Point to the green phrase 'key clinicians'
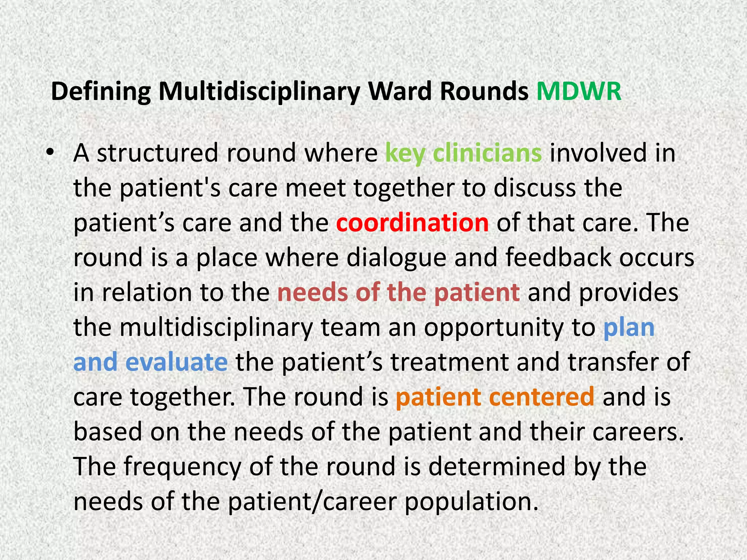tap(463, 153)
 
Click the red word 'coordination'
tap(412, 223)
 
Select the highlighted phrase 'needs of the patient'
tap(398, 292)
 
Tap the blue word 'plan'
tap(629, 327)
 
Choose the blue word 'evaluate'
tap(177, 362)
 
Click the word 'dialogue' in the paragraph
tap(396, 258)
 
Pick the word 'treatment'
tap(449, 362)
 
